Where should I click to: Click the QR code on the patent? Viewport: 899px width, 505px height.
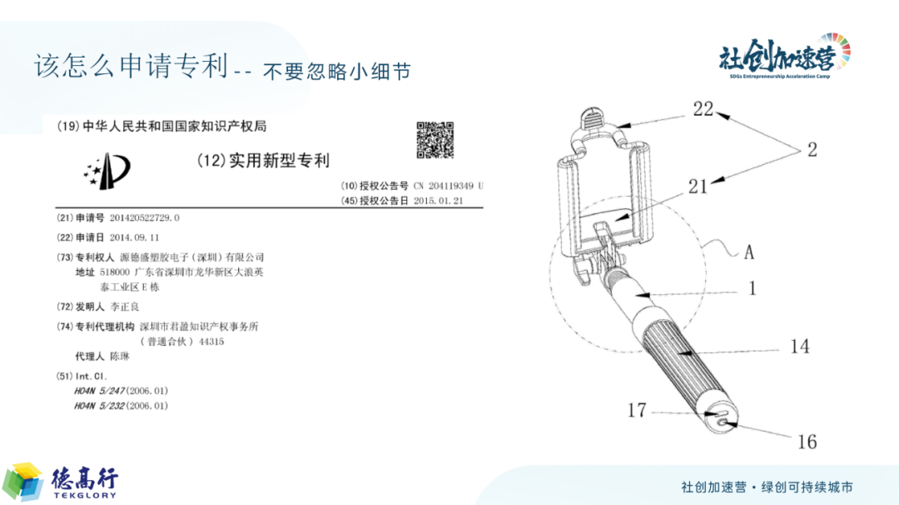[x=435, y=139]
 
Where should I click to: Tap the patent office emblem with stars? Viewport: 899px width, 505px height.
[x=107, y=171]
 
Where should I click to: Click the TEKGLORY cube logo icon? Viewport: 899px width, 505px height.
[x=23, y=482]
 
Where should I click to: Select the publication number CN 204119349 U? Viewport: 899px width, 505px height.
[x=449, y=186]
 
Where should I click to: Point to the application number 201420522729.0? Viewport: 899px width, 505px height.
[x=145, y=218]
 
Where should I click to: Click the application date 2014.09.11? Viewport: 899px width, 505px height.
[x=134, y=237]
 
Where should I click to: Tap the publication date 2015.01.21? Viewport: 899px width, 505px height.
[x=438, y=201]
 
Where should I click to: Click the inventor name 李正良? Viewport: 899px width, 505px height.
[x=124, y=307]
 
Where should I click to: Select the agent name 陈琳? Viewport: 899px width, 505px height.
[x=120, y=357]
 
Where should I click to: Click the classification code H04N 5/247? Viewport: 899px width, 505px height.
[x=99, y=391]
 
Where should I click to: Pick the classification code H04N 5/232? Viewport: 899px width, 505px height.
[x=99, y=406]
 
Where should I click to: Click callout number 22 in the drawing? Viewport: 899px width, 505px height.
[x=703, y=109]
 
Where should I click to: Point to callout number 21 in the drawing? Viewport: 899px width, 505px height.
[x=698, y=187]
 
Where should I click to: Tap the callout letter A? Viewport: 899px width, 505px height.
[x=749, y=252]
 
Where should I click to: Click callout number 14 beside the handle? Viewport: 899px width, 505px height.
[x=800, y=347]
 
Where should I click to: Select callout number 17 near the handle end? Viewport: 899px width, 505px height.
[x=637, y=410]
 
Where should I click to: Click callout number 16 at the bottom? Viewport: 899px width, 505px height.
[x=807, y=442]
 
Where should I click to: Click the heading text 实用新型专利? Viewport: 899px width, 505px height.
[x=279, y=161]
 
